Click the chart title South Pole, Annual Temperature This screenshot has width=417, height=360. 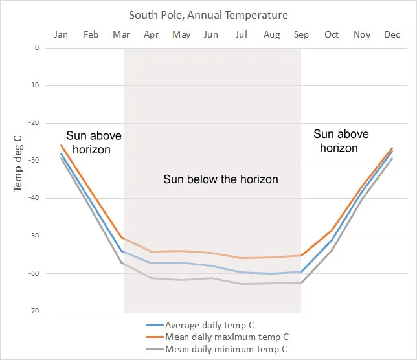pos(208,14)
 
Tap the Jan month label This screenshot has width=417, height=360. pos(62,34)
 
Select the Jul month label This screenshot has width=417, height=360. pos(242,34)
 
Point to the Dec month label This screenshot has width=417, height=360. pos(392,34)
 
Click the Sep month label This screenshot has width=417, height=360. pos(301,34)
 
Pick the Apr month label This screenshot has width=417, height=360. pos(152,34)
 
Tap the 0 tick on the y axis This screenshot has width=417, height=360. pos(37,47)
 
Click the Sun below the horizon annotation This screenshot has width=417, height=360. pos(220,179)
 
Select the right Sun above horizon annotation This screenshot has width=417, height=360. pos(341,141)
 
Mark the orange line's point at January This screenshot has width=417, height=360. pos(62,145)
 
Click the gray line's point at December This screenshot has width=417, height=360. pos(392,159)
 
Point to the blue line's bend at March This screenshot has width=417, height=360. pos(122,251)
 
